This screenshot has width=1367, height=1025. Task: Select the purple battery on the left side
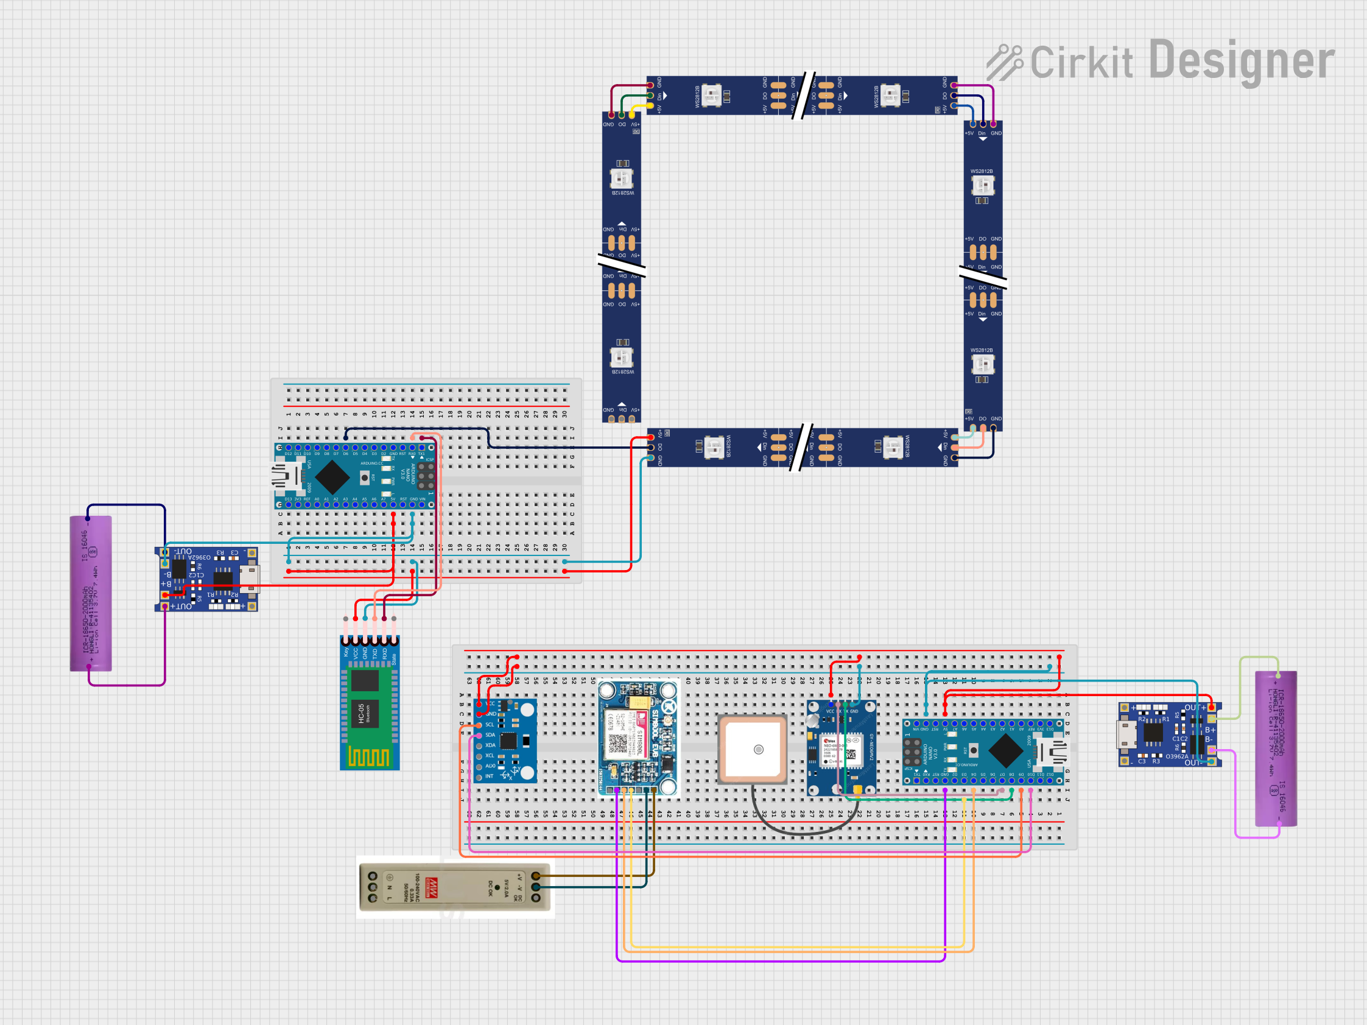point(91,593)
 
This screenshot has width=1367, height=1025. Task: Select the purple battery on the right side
point(1276,748)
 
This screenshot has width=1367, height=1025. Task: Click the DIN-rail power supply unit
point(454,887)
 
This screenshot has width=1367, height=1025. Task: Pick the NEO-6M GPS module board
point(841,748)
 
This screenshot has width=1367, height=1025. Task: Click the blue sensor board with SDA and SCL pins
point(505,740)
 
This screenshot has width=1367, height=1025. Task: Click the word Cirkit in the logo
point(1081,63)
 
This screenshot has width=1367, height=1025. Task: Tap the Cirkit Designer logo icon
point(1003,63)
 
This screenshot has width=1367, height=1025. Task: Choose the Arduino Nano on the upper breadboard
point(356,476)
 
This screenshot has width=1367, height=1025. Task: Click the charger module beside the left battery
point(206,579)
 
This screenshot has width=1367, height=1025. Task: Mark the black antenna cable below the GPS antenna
point(803,832)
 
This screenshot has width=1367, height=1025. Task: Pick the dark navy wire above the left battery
point(127,505)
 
